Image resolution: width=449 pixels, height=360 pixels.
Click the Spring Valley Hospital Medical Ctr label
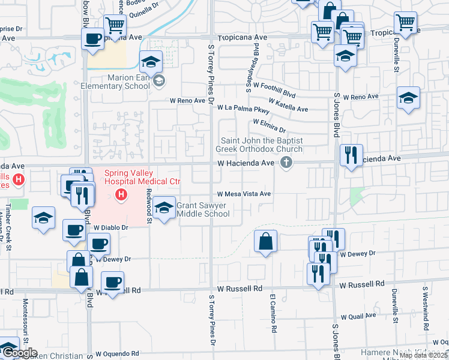coord(142,178)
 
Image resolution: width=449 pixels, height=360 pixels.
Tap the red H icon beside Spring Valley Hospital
coord(121,194)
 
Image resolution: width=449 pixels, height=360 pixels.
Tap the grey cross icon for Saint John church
coord(286,163)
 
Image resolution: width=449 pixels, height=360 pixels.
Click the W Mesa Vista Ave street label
coord(244,194)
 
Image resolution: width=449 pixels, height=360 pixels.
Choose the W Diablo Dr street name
coord(111,228)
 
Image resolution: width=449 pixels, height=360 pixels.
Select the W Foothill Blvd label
coord(274,87)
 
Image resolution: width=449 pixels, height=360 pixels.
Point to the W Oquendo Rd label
coord(117,353)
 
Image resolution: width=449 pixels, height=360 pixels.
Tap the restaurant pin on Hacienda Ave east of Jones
coord(350,155)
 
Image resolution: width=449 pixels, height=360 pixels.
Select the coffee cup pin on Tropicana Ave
coord(92,40)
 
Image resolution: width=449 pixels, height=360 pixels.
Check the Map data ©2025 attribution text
coord(423,355)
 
